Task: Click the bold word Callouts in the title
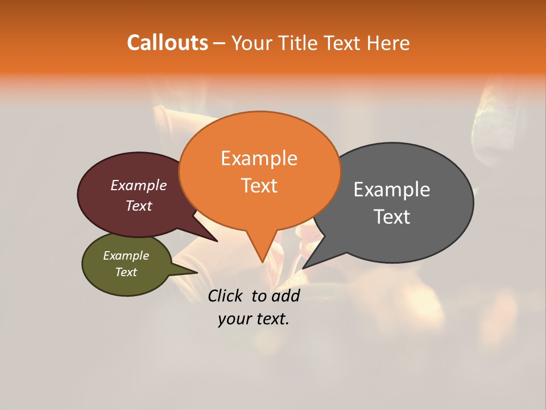tap(167, 43)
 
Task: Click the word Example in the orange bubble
tap(259, 158)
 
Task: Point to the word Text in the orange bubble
tap(259, 186)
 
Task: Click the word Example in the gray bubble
tap(391, 190)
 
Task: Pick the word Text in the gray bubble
tap(391, 217)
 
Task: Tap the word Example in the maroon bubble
tap(138, 185)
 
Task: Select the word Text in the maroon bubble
tap(138, 206)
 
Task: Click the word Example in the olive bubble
tap(126, 256)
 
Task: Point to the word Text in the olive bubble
tap(126, 272)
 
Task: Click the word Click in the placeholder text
tap(225, 296)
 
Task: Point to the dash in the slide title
tap(220, 43)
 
